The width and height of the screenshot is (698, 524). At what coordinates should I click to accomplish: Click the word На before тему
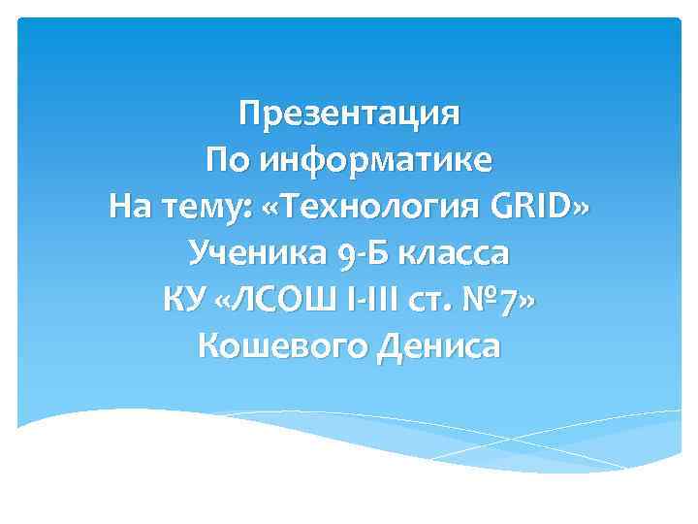[131, 207]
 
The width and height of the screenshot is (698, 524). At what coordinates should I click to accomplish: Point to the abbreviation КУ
[184, 300]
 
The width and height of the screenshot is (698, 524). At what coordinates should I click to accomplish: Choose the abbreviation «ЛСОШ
[269, 300]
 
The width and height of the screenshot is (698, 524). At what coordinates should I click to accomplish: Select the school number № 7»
[495, 300]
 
